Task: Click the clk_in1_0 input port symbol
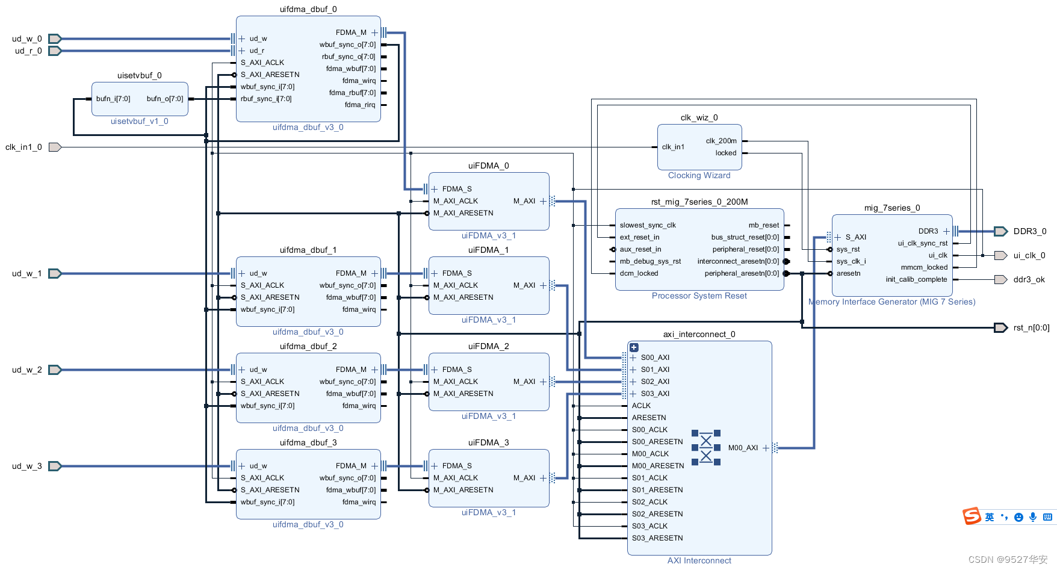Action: (55, 147)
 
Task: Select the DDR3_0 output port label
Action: (1029, 231)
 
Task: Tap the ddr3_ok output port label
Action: (1029, 279)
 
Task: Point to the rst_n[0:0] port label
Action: (1031, 327)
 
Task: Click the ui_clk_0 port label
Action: (1029, 255)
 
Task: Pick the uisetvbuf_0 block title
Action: (139, 75)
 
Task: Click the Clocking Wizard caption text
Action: (699, 175)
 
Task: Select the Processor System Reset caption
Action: (699, 296)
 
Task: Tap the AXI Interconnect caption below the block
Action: (699, 560)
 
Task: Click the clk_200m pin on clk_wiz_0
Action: (721, 141)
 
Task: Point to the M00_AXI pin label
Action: (743, 448)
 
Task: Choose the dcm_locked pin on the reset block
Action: (639, 273)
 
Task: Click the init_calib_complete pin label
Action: (916, 279)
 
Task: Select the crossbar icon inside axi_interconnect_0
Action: (705, 448)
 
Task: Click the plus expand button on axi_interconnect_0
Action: (634, 347)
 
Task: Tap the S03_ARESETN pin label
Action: (657, 538)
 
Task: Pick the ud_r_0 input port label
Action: (28, 51)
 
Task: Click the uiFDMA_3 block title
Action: (488, 442)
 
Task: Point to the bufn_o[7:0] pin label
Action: (165, 99)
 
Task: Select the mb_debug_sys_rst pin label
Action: (650, 261)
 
